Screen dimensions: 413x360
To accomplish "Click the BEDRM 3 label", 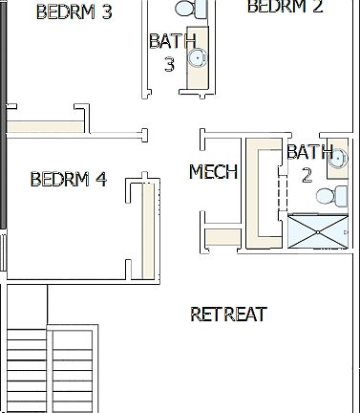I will click(x=73, y=12).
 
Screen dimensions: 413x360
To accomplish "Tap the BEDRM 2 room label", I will click(x=285, y=7).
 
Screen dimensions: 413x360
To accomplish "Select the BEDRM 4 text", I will click(x=68, y=179).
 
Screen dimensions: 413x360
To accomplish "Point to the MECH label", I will click(x=213, y=172).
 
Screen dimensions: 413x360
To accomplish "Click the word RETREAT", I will click(x=228, y=314).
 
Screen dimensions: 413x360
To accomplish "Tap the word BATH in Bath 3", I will click(x=173, y=41).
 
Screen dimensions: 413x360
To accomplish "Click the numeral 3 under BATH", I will click(x=169, y=64).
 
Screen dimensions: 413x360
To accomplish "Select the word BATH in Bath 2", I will click(x=310, y=152).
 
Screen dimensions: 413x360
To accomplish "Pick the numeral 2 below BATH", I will click(x=307, y=175).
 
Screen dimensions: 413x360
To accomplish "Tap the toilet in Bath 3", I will click(x=192, y=9).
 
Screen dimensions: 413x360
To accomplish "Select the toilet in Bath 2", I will click(x=328, y=197).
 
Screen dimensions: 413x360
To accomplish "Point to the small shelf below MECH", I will click(x=223, y=235).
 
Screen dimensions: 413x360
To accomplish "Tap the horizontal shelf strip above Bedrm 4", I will click(x=43, y=127).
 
